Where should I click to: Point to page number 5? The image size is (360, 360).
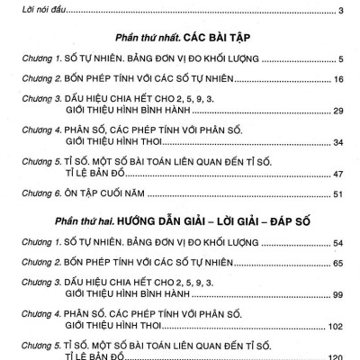point(343,59)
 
